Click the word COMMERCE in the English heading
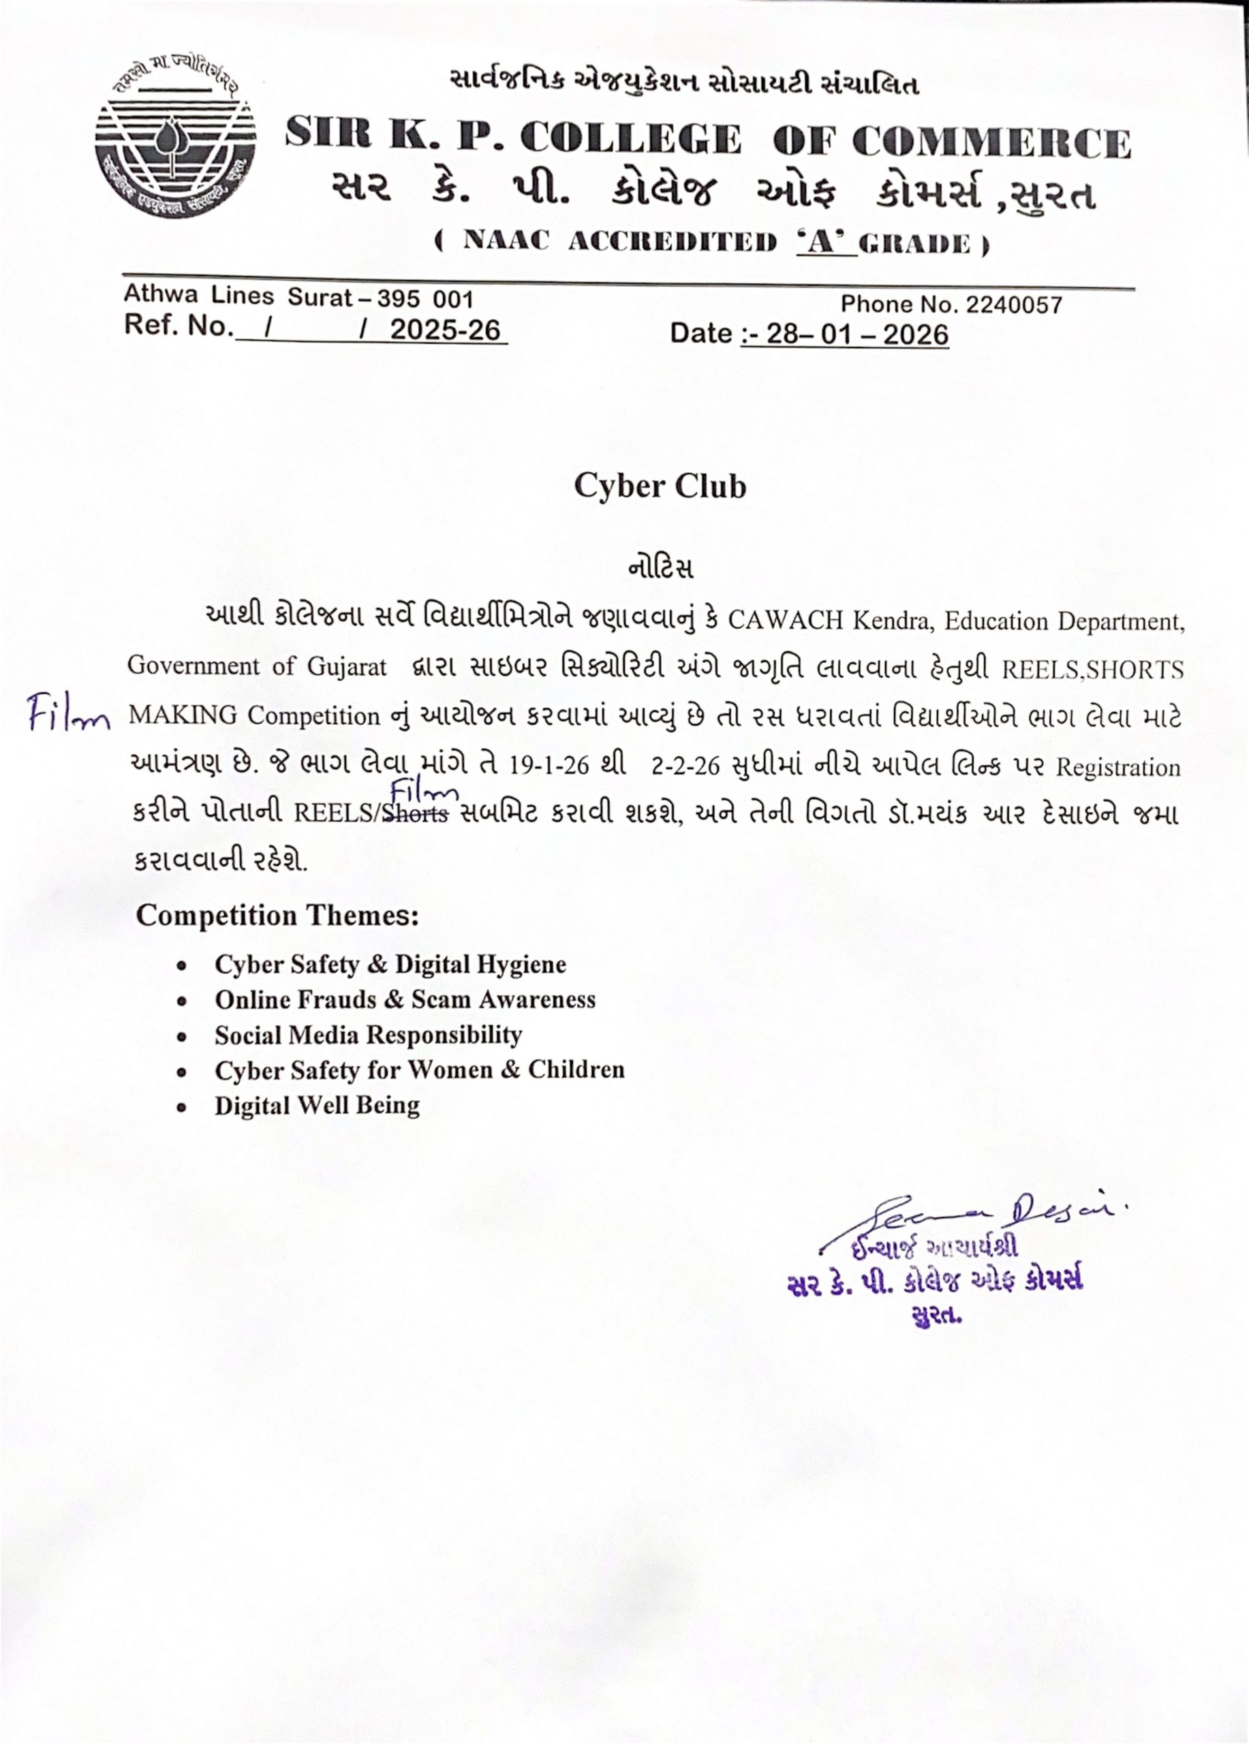(991, 142)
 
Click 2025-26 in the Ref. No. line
(446, 330)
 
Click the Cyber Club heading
(660, 486)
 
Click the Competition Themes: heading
(277, 915)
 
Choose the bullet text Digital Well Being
(317, 1106)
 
